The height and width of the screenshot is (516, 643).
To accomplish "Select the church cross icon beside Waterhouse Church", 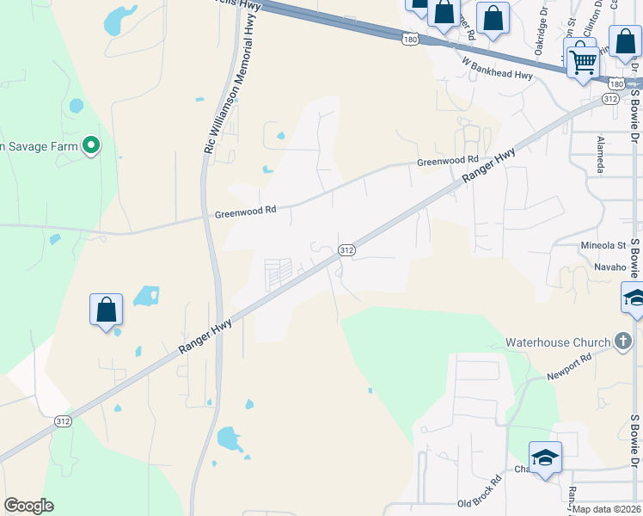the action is (x=623, y=342).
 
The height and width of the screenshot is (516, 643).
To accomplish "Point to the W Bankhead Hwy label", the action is (x=497, y=69).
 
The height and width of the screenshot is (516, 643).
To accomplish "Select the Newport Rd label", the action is (x=569, y=368).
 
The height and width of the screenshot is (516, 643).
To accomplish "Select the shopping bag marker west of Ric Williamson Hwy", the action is (x=106, y=310).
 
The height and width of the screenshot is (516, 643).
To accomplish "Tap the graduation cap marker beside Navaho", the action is (x=633, y=298).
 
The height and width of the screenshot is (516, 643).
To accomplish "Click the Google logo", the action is (x=28, y=506).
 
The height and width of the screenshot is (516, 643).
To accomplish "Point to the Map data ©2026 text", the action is (x=607, y=509).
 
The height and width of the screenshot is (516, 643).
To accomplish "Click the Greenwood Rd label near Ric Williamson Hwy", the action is (x=246, y=211).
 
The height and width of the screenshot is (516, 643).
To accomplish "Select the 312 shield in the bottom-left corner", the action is (x=63, y=421).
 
